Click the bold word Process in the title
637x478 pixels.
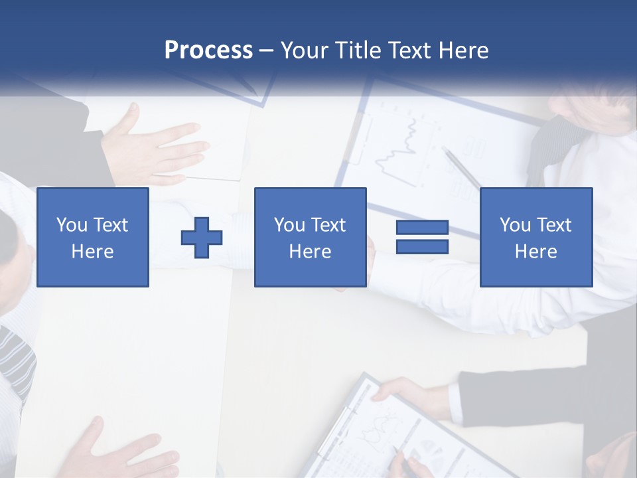(x=208, y=50)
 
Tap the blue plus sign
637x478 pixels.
(x=202, y=238)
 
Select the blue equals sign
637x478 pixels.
(x=422, y=238)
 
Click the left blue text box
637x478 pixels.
(x=93, y=238)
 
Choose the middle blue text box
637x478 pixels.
(x=310, y=238)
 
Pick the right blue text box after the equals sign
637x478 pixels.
(x=535, y=238)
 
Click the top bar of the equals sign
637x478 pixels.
(x=422, y=228)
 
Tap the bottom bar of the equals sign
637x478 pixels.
(x=422, y=247)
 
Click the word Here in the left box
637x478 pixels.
(x=92, y=252)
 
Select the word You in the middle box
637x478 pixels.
(x=289, y=225)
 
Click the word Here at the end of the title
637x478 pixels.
(x=464, y=50)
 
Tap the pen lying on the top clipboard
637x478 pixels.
(x=462, y=169)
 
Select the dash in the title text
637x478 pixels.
(x=267, y=51)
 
